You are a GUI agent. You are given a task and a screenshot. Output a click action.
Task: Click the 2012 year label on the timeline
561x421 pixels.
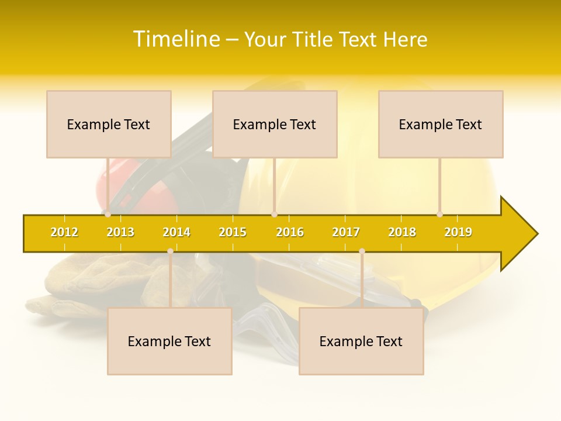pos(64,232)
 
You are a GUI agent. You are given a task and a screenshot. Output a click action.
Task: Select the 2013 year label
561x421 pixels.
pos(120,232)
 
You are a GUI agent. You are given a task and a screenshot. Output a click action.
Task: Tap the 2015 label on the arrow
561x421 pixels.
pos(233,232)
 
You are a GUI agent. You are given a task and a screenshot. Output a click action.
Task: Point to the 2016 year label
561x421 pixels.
pos(290,232)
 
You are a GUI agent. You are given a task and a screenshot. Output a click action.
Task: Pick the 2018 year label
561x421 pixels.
pos(402,232)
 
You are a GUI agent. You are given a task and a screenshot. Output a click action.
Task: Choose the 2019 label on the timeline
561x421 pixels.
pos(458,232)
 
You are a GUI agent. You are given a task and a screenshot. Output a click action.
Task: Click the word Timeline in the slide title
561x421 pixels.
pos(176,39)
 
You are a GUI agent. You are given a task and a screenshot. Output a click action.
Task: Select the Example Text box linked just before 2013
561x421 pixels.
pos(109,124)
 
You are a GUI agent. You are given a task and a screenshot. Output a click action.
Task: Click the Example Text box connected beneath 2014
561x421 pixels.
pos(169,341)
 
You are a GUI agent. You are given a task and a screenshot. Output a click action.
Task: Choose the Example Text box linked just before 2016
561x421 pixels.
pos(275,124)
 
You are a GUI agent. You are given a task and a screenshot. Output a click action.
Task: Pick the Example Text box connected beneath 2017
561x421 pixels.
pos(361,341)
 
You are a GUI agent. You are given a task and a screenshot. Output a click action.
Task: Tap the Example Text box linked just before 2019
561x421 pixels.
pos(441,124)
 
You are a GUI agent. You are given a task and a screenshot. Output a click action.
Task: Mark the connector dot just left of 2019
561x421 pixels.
pos(440,214)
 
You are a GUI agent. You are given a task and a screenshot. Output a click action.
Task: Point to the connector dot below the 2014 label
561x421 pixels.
pos(170,251)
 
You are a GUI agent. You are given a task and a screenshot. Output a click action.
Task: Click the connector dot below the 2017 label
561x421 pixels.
pos(362,251)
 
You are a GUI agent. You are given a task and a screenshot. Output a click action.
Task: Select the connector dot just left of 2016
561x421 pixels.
pos(274,214)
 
